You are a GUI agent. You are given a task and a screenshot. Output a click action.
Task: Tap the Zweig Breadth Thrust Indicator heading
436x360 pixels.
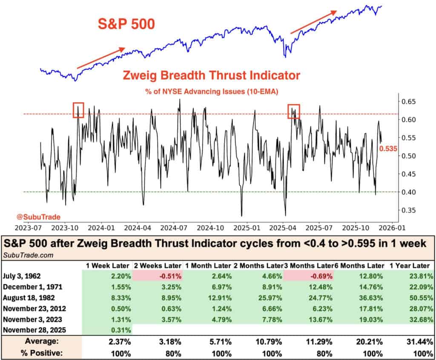211,76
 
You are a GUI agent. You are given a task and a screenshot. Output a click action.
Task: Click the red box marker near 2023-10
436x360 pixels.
78,110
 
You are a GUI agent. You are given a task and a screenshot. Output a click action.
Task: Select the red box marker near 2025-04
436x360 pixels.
294,111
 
